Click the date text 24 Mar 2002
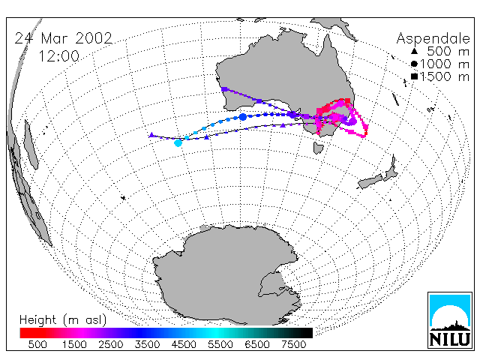(63, 38)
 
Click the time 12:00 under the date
(59, 56)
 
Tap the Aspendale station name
(433, 38)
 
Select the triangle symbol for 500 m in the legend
(414, 51)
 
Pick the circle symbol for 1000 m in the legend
(414, 64)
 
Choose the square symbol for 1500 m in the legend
(414, 76)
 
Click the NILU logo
(450, 320)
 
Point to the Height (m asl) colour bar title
(63, 320)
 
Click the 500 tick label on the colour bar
(37, 344)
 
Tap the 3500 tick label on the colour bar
(147, 344)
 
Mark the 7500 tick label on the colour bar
(293, 344)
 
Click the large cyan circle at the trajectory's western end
(178, 142)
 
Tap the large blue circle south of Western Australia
(243, 117)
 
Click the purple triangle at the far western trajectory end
(151, 135)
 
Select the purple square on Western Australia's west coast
(224, 89)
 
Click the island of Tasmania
(318, 148)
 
